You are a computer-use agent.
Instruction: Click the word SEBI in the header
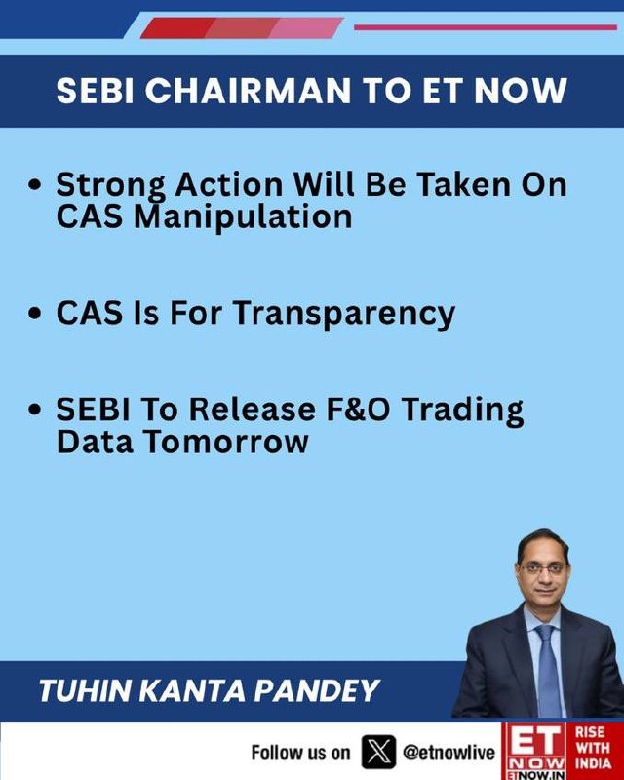click(95, 91)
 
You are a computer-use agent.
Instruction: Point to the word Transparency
click(344, 314)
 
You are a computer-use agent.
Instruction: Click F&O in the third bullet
click(358, 409)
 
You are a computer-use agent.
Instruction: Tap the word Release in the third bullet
click(253, 409)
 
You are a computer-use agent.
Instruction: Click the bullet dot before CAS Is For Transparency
click(34, 314)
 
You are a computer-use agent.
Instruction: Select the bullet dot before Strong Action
click(34, 185)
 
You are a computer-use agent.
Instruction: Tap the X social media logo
click(378, 752)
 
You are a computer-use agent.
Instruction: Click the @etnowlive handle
click(448, 752)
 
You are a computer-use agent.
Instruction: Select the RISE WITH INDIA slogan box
click(595, 749)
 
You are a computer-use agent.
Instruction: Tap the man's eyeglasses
click(543, 568)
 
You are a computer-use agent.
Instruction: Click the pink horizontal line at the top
click(486, 27)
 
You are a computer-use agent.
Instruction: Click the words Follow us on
click(300, 752)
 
